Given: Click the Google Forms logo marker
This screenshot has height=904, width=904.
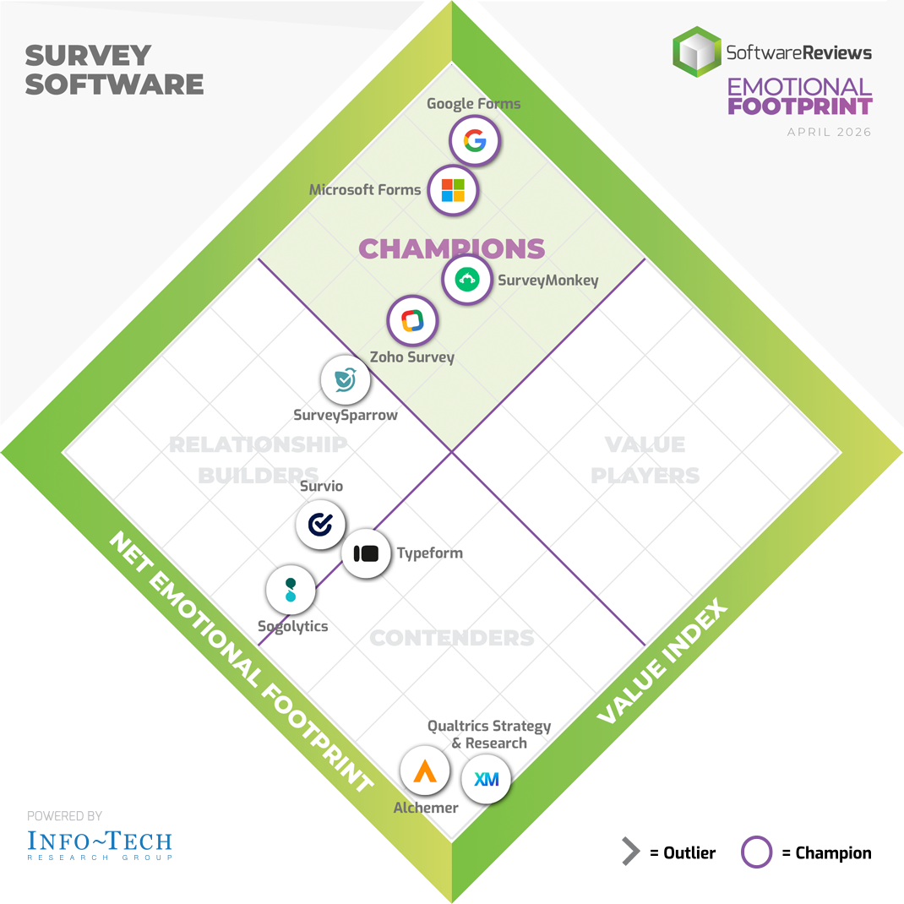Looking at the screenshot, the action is point(475,141).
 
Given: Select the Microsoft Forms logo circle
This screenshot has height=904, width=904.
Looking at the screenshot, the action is point(453,190).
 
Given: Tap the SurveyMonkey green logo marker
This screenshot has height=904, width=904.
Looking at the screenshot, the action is point(467,280).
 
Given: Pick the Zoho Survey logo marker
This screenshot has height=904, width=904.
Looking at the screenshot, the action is point(412,320).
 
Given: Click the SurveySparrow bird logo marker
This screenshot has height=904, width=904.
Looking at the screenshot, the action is point(346,380).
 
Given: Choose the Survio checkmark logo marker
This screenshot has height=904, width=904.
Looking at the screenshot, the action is point(320,525).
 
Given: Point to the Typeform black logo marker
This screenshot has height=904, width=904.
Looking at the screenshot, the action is point(366,553).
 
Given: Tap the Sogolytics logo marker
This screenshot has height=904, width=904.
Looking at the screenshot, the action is point(291,590).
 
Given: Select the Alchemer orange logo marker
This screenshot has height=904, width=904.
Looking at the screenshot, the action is point(425,771).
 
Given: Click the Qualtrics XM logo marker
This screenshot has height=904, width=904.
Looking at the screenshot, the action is point(486,779).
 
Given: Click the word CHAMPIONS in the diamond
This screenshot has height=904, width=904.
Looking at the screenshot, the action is point(451,248).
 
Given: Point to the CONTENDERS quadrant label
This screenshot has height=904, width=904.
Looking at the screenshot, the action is point(452,638).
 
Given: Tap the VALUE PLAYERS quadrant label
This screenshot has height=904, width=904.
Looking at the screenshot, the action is point(645,460).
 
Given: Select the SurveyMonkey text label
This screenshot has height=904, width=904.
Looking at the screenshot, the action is point(547,280).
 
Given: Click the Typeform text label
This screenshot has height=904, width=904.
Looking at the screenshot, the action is point(429,553).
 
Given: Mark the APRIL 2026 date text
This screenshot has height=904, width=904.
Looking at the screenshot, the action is point(829,132).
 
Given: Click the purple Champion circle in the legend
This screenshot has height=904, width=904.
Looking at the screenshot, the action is point(756,852).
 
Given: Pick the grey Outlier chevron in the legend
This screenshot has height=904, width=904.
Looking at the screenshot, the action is point(631,852).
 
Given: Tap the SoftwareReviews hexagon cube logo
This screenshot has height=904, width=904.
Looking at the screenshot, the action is point(697,52).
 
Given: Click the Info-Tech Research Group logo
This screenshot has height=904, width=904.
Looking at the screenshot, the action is point(100,845).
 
